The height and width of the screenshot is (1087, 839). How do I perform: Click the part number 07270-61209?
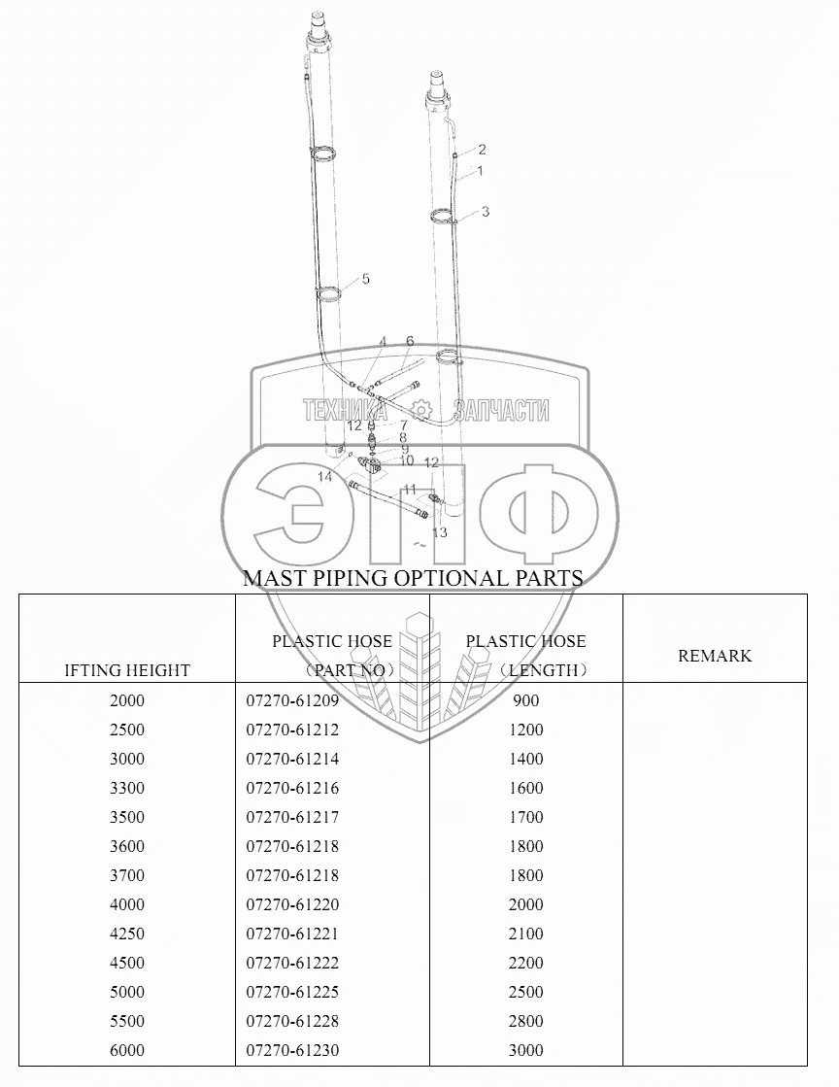tap(292, 700)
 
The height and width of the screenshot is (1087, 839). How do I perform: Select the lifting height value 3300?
tap(127, 788)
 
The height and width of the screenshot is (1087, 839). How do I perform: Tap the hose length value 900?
tap(526, 700)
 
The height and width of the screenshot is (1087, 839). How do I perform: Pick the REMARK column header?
tap(715, 655)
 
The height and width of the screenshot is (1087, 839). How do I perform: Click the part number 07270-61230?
tap(292, 1049)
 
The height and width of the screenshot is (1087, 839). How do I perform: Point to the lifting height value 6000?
tap(127, 1049)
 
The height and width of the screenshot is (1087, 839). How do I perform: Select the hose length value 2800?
tap(526, 1020)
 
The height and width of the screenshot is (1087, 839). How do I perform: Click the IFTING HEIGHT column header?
tap(127, 670)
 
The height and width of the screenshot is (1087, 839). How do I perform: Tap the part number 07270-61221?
tap(292, 934)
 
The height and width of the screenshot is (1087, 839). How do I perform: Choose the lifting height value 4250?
tap(127, 934)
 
